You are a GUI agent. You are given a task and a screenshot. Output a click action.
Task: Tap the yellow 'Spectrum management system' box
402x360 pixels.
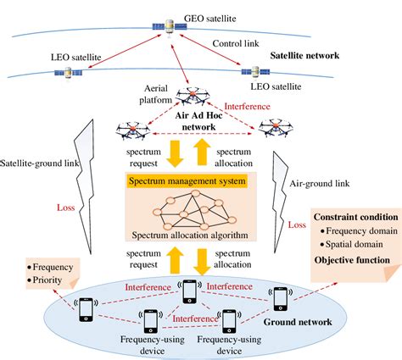187,181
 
